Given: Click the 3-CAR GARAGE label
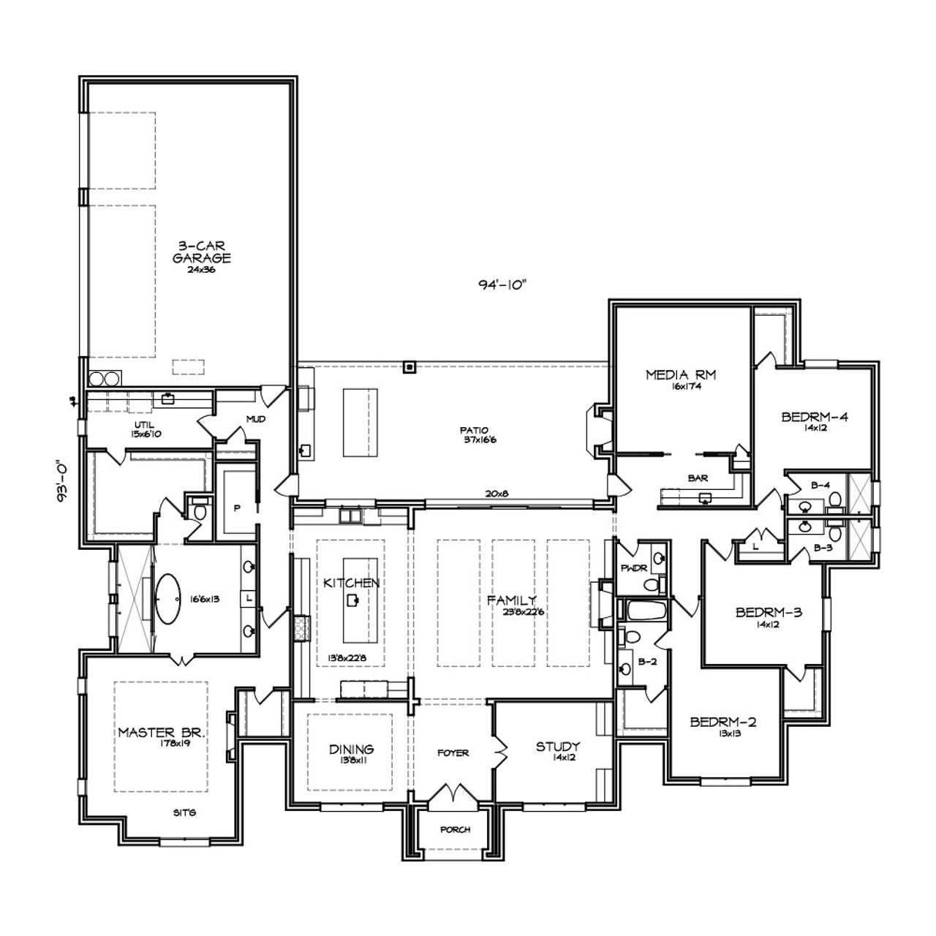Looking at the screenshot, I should coord(202,252).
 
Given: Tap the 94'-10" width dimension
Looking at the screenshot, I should coord(499,284).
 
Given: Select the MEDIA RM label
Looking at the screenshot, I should coord(680,375).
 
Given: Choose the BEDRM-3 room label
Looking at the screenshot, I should coord(769,612).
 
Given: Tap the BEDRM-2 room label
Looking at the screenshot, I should coord(722,722).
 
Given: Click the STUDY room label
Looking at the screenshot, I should coord(558,747).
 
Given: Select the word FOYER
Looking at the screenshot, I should coord(453,752).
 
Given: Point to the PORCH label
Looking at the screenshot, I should coord(455,830).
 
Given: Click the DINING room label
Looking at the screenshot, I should coord(351,749).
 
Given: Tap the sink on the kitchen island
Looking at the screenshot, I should coord(355,600).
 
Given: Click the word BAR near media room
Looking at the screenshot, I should coord(697,478).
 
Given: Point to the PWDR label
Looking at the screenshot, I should coord(630,567).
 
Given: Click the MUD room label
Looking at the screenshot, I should coord(256,419).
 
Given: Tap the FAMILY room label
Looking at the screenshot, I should coord(512,600).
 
